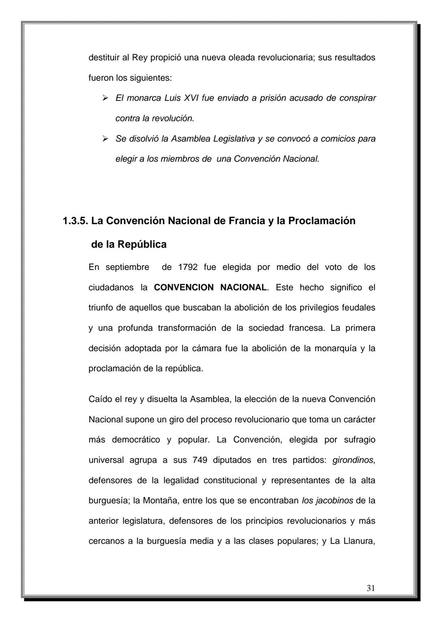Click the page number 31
coord(370,588)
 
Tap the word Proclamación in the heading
coord(322,221)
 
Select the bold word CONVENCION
coord(184,287)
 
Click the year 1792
coord(188,267)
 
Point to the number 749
coord(200,460)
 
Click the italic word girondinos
coord(353,460)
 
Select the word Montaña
coord(160,501)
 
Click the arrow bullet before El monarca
coord(105,98)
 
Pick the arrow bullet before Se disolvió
coord(105,139)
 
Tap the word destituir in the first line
coord(103,58)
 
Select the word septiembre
coord(127,267)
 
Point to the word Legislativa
coord(232,139)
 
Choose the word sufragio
coord(359,440)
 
